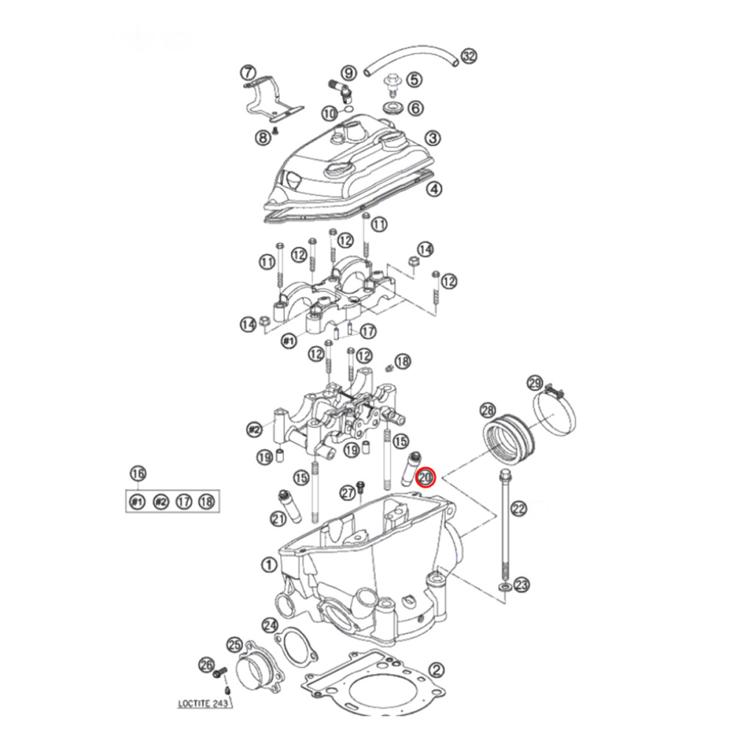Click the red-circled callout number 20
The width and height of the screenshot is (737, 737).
427,478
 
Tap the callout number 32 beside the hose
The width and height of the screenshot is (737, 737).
469,57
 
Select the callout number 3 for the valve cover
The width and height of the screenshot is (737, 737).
433,138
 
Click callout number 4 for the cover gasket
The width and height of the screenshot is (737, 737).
435,189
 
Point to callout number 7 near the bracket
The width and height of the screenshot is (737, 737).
248,73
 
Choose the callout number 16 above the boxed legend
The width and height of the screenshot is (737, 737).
137,473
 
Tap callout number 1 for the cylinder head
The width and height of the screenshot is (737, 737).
269,565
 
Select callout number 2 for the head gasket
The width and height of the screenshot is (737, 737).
436,670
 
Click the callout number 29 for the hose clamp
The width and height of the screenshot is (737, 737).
536,383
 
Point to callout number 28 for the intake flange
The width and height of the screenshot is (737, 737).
487,410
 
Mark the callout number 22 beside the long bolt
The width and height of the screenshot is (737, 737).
520,508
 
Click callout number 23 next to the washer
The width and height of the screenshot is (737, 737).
522,585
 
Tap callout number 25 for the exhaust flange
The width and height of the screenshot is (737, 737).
234,645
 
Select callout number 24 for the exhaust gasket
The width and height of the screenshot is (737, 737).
270,624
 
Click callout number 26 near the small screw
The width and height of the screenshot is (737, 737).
206,665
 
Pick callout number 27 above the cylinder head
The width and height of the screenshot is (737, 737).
347,492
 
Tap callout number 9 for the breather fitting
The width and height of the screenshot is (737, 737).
349,72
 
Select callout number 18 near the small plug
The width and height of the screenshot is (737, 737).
402,361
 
